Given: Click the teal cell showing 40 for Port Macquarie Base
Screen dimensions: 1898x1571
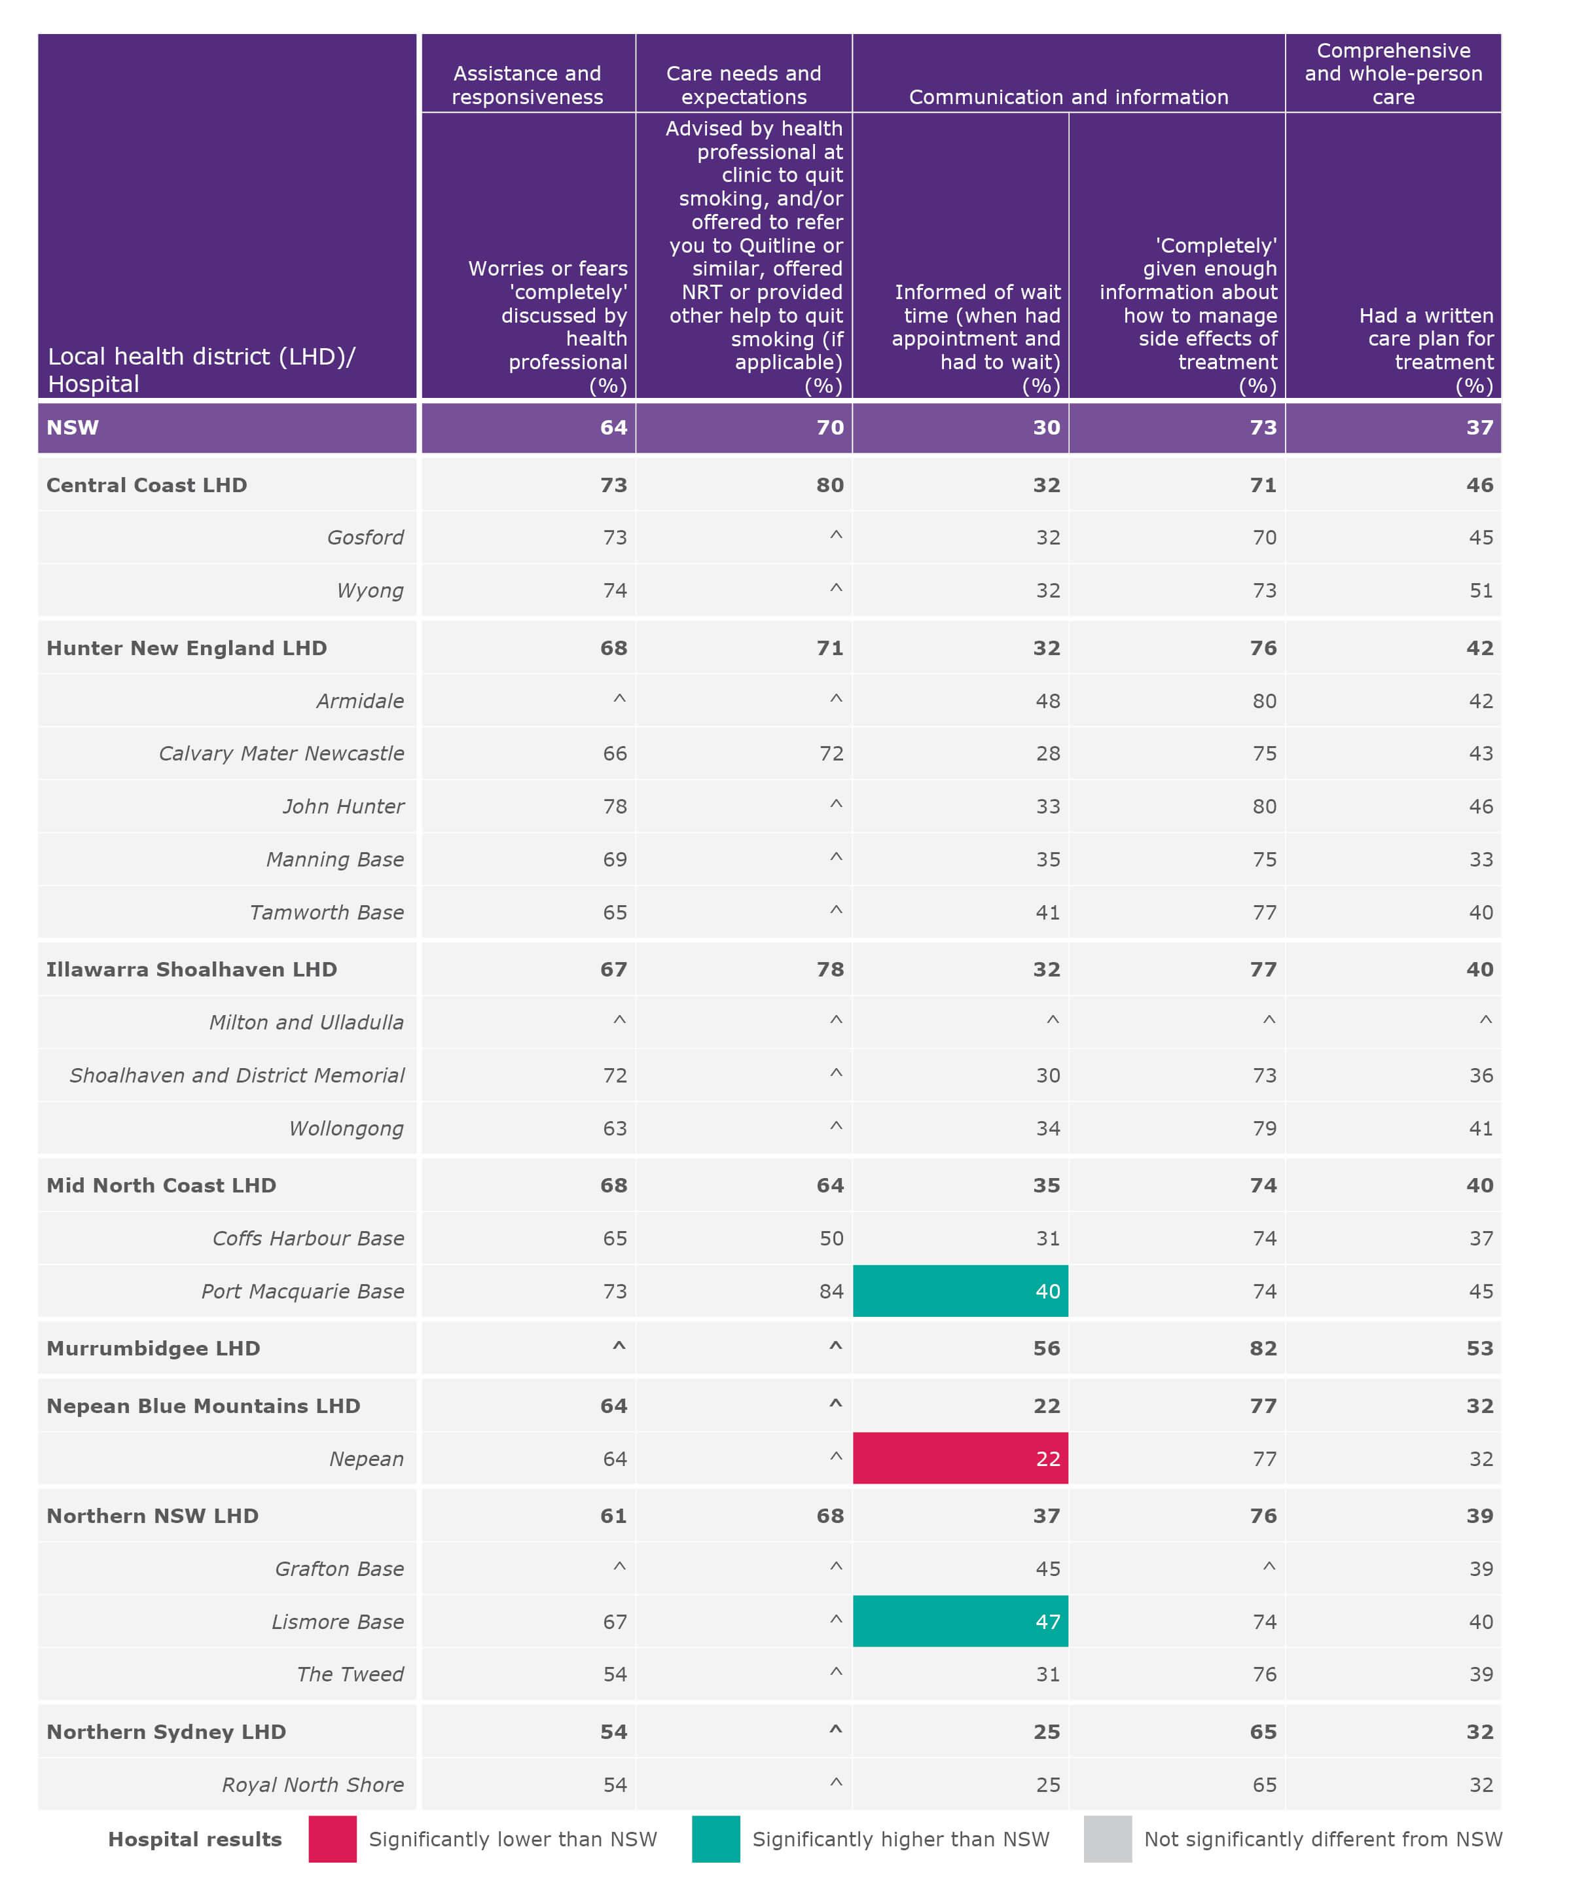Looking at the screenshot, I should tap(960, 1291).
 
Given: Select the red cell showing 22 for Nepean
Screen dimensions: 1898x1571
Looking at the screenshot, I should tap(960, 1458).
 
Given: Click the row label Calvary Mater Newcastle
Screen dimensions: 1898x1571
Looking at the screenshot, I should tap(281, 753).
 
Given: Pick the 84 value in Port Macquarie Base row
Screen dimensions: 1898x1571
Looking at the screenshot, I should tap(831, 1291).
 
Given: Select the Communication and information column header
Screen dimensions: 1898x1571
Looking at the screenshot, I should tap(1068, 97).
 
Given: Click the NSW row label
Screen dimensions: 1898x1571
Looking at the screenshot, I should tap(72, 427).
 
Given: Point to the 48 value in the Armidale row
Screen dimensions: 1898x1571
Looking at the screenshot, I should tap(1047, 700).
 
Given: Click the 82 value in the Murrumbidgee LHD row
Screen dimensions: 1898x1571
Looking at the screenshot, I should tap(1263, 1348).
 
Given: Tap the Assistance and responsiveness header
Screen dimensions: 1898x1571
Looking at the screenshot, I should tap(527, 85).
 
